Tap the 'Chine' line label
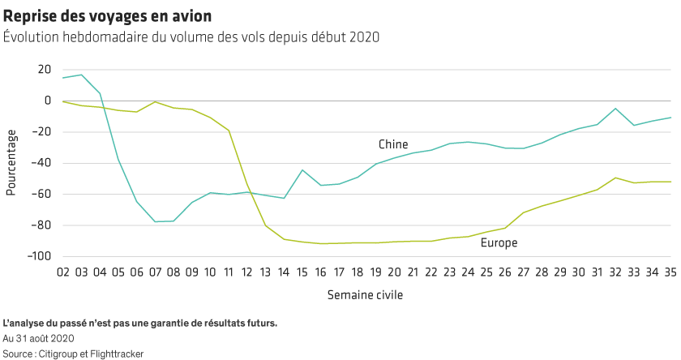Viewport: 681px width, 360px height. click(393, 144)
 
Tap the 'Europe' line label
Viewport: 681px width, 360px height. click(499, 242)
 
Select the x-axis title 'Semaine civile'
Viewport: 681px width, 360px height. click(365, 295)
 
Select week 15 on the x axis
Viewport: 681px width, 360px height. click(303, 272)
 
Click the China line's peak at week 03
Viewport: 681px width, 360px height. click(81, 75)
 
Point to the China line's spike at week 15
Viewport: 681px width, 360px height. click(303, 169)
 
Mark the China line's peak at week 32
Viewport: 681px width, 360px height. click(616, 109)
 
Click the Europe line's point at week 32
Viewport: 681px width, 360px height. click(616, 178)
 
